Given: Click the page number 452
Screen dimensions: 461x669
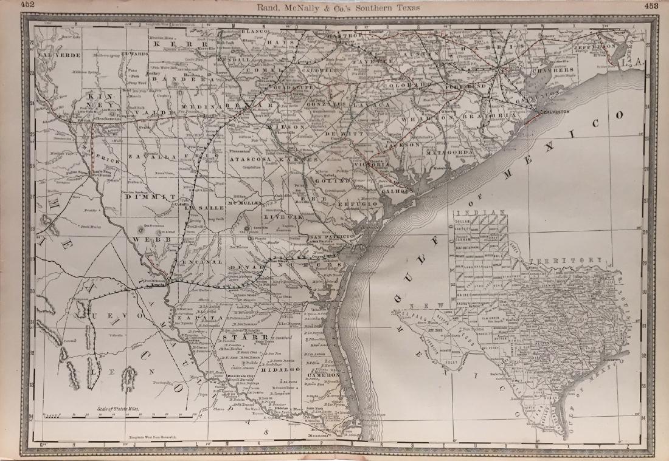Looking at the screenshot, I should [10, 5].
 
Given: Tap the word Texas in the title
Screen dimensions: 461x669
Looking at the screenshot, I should [413, 7].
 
